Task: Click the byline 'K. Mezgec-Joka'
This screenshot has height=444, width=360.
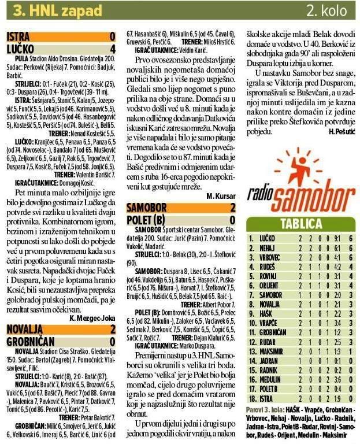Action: pos(93,318)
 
